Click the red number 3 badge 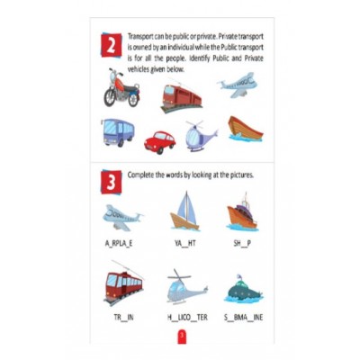coord(109,183)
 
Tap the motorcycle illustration coord(120,89)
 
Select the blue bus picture coord(117,132)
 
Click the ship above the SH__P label coord(243,213)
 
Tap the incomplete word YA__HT coord(185,244)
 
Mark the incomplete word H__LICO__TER coord(185,317)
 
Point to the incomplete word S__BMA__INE coord(245,317)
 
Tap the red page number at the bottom coord(180,336)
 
